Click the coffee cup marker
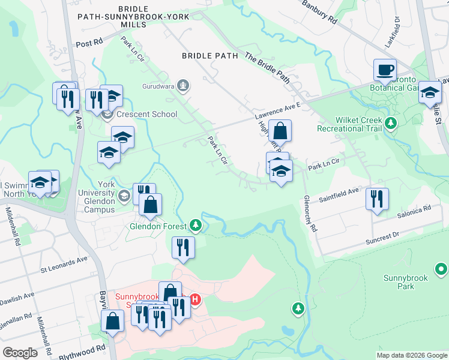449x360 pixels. [x=384, y=70]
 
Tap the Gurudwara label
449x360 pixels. [x=160, y=86]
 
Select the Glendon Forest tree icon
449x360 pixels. [x=195, y=225]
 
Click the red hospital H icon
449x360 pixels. [x=194, y=298]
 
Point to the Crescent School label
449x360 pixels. [x=147, y=114]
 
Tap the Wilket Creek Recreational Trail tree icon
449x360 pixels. [x=391, y=123]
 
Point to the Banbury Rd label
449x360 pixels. [x=320, y=12]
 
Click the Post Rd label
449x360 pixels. [x=90, y=44]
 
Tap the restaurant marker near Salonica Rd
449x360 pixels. [x=377, y=199]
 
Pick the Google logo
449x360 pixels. [x=20, y=353]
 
